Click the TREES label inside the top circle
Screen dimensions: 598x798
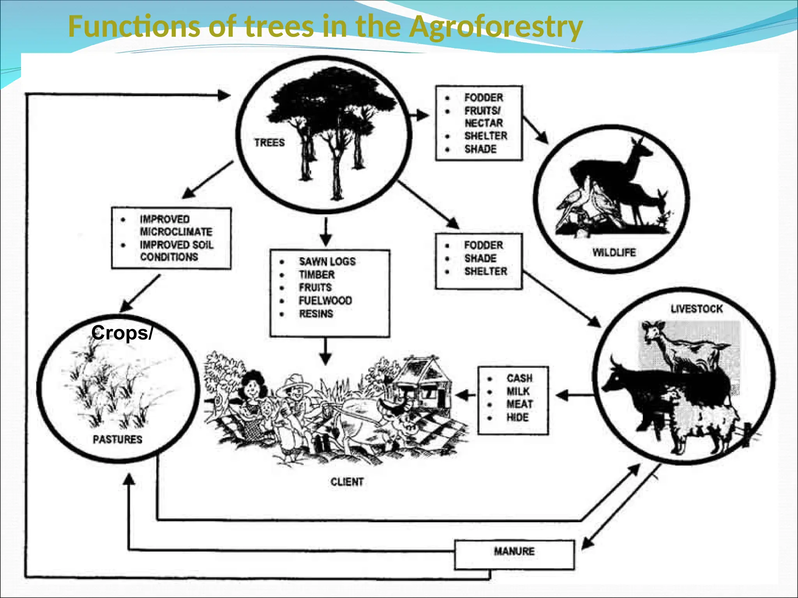(x=269, y=143)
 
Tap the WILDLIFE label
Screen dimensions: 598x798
(x=614, y=253)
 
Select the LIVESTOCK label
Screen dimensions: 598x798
(x=696, y=309)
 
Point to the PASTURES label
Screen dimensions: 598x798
(x=117, y=440)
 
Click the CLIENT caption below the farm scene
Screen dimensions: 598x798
(x=347, y=482)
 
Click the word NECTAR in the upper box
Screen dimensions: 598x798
(x=484, y=123)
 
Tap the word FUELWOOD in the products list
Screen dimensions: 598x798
(x=325, y=301)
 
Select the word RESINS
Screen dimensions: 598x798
(x=316, y=314)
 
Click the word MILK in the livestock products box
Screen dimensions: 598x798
(x=518, y=392)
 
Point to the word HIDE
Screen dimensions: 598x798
(x=517, y=418)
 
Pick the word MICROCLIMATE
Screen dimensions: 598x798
(x=176, y=232)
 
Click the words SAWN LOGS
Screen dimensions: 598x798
(x=327, y=262)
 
